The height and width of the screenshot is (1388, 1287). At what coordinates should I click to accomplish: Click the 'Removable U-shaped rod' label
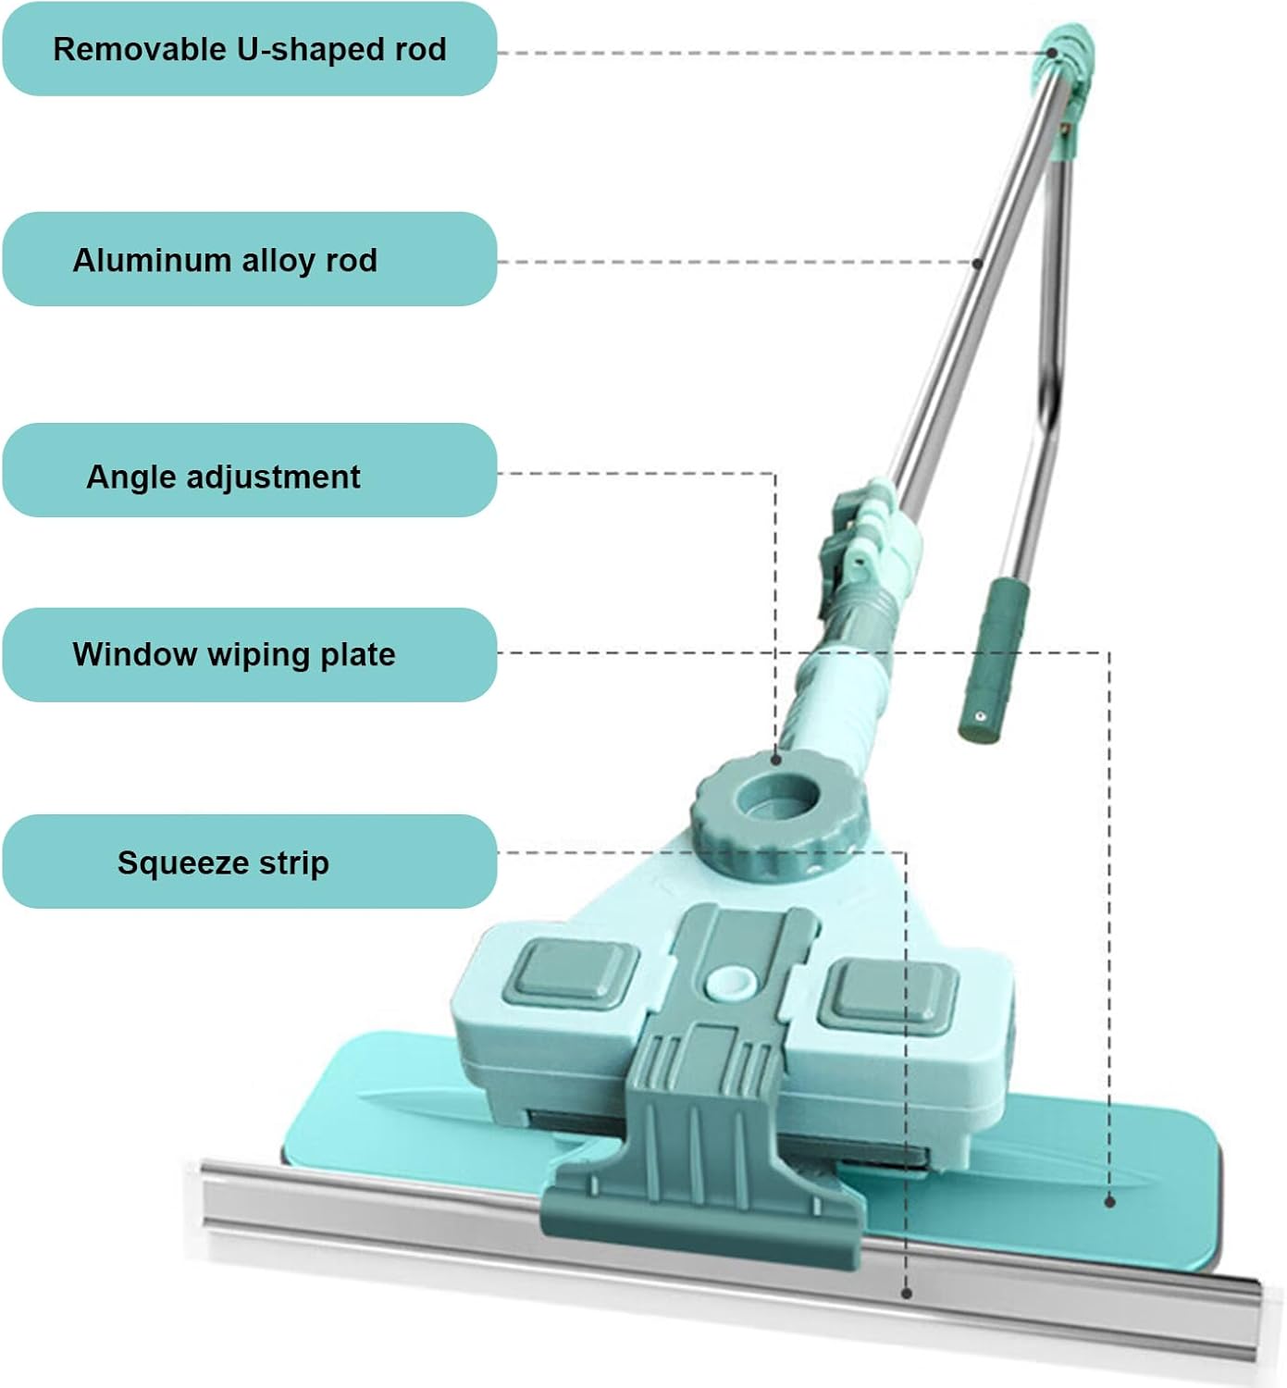249,49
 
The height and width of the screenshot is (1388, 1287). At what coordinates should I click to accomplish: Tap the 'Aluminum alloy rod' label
225,260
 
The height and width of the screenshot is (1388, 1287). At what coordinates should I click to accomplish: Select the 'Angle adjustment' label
223,477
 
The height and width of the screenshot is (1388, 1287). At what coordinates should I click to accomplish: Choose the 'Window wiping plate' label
234,654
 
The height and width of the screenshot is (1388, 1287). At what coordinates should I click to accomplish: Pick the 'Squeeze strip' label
223,862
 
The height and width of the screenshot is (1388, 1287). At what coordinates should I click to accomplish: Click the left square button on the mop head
571,973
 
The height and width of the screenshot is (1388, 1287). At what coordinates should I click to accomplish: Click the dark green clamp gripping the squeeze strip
703,1194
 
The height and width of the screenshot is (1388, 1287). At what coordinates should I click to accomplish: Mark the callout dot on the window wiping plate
1110,1201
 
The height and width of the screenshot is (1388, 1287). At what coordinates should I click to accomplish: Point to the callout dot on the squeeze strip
907,1294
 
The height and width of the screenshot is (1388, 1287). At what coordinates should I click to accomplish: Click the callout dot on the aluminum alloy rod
977,263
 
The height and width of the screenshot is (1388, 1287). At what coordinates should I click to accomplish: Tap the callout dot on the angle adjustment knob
775,760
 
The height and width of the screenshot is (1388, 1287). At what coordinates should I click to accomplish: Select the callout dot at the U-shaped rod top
1052,53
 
